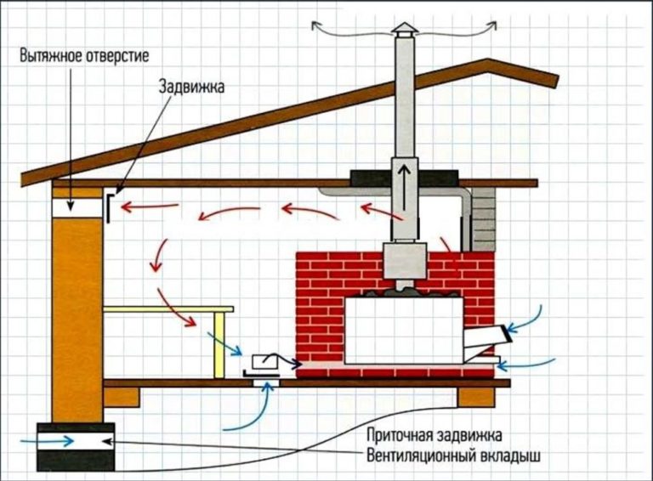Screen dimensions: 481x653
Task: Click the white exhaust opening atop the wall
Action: pyautogui.click(x=75, y=205)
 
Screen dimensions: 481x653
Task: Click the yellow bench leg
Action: pyautogui.click(x=220, y=344)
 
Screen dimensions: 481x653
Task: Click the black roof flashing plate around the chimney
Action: pyautogui.click(x=403, y=177)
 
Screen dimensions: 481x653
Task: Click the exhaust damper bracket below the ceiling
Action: pyautogui.click(x=111, y=207)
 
